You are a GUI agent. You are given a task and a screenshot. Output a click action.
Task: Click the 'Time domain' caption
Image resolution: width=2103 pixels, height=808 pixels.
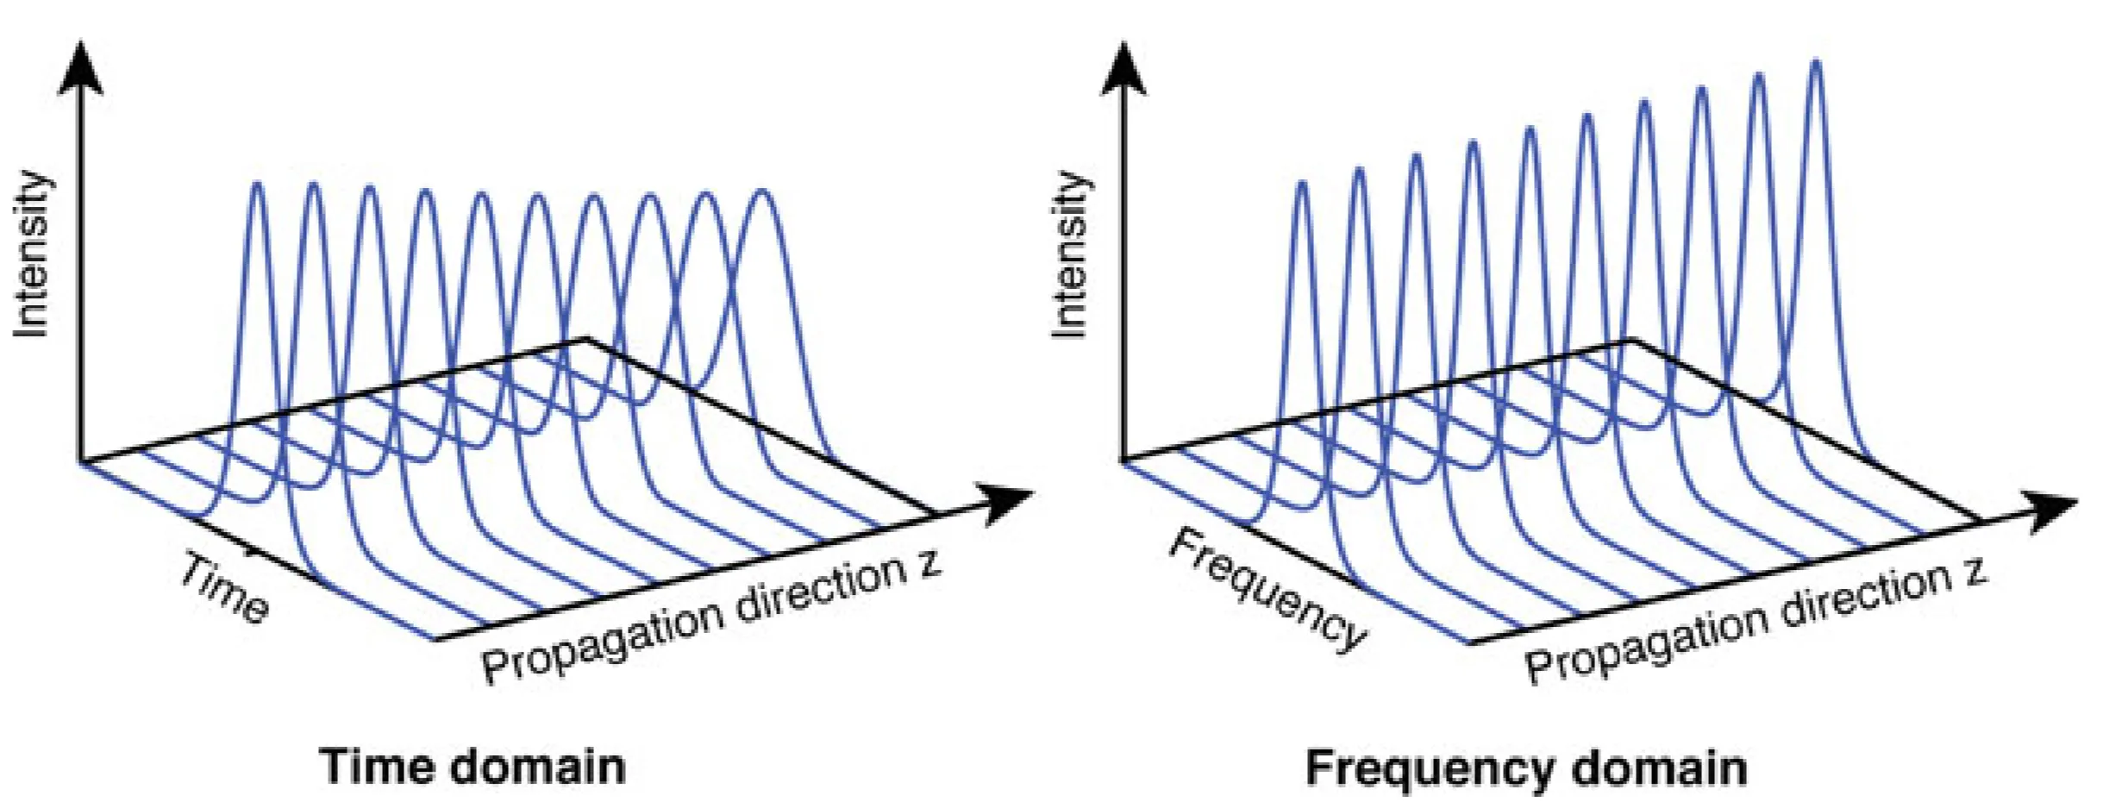coord(473,766)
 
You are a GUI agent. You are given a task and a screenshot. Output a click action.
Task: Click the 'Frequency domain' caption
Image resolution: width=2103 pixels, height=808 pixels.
coord(1525,767)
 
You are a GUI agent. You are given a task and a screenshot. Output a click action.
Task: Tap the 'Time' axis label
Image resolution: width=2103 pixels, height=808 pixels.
coord(224,588)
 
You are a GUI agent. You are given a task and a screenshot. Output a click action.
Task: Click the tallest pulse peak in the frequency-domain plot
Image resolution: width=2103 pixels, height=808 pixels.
coord(1816,62)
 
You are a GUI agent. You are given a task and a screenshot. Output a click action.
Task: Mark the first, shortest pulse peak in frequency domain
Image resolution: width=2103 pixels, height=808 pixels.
coord(1302,184)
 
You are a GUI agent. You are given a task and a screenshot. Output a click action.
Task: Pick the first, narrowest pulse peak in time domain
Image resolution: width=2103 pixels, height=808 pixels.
coord(257,184)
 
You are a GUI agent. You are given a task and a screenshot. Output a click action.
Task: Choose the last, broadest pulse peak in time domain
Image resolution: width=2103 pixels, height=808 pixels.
coord(762,191)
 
